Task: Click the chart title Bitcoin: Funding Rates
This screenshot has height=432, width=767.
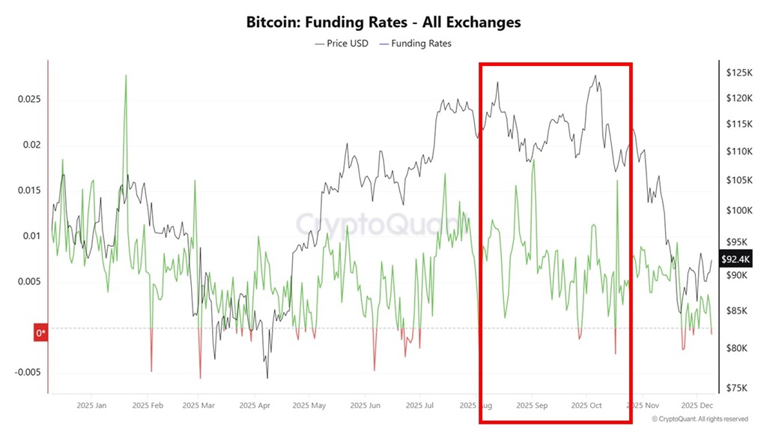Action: pos(383,22)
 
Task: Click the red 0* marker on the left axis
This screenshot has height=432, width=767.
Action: pos(41,333)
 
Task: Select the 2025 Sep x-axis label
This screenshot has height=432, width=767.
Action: pos(531,406)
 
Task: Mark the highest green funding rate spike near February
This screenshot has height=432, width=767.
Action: pos(126,76)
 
